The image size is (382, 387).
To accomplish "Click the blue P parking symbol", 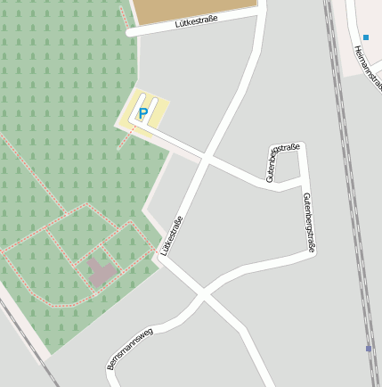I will [x=142, y=113].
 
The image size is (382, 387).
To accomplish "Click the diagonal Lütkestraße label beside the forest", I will [x=173, y=235].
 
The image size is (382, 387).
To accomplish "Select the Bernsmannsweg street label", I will [x=130, y=349].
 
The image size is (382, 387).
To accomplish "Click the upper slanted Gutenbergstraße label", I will [x=283, y=161].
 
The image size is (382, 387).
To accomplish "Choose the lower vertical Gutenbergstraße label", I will [x=309, y=223].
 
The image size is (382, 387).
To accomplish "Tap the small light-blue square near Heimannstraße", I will [x=365, y=37].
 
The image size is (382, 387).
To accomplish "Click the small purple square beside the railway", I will [x=369, y=349].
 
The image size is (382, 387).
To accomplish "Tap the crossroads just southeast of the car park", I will [x=206, y=159].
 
